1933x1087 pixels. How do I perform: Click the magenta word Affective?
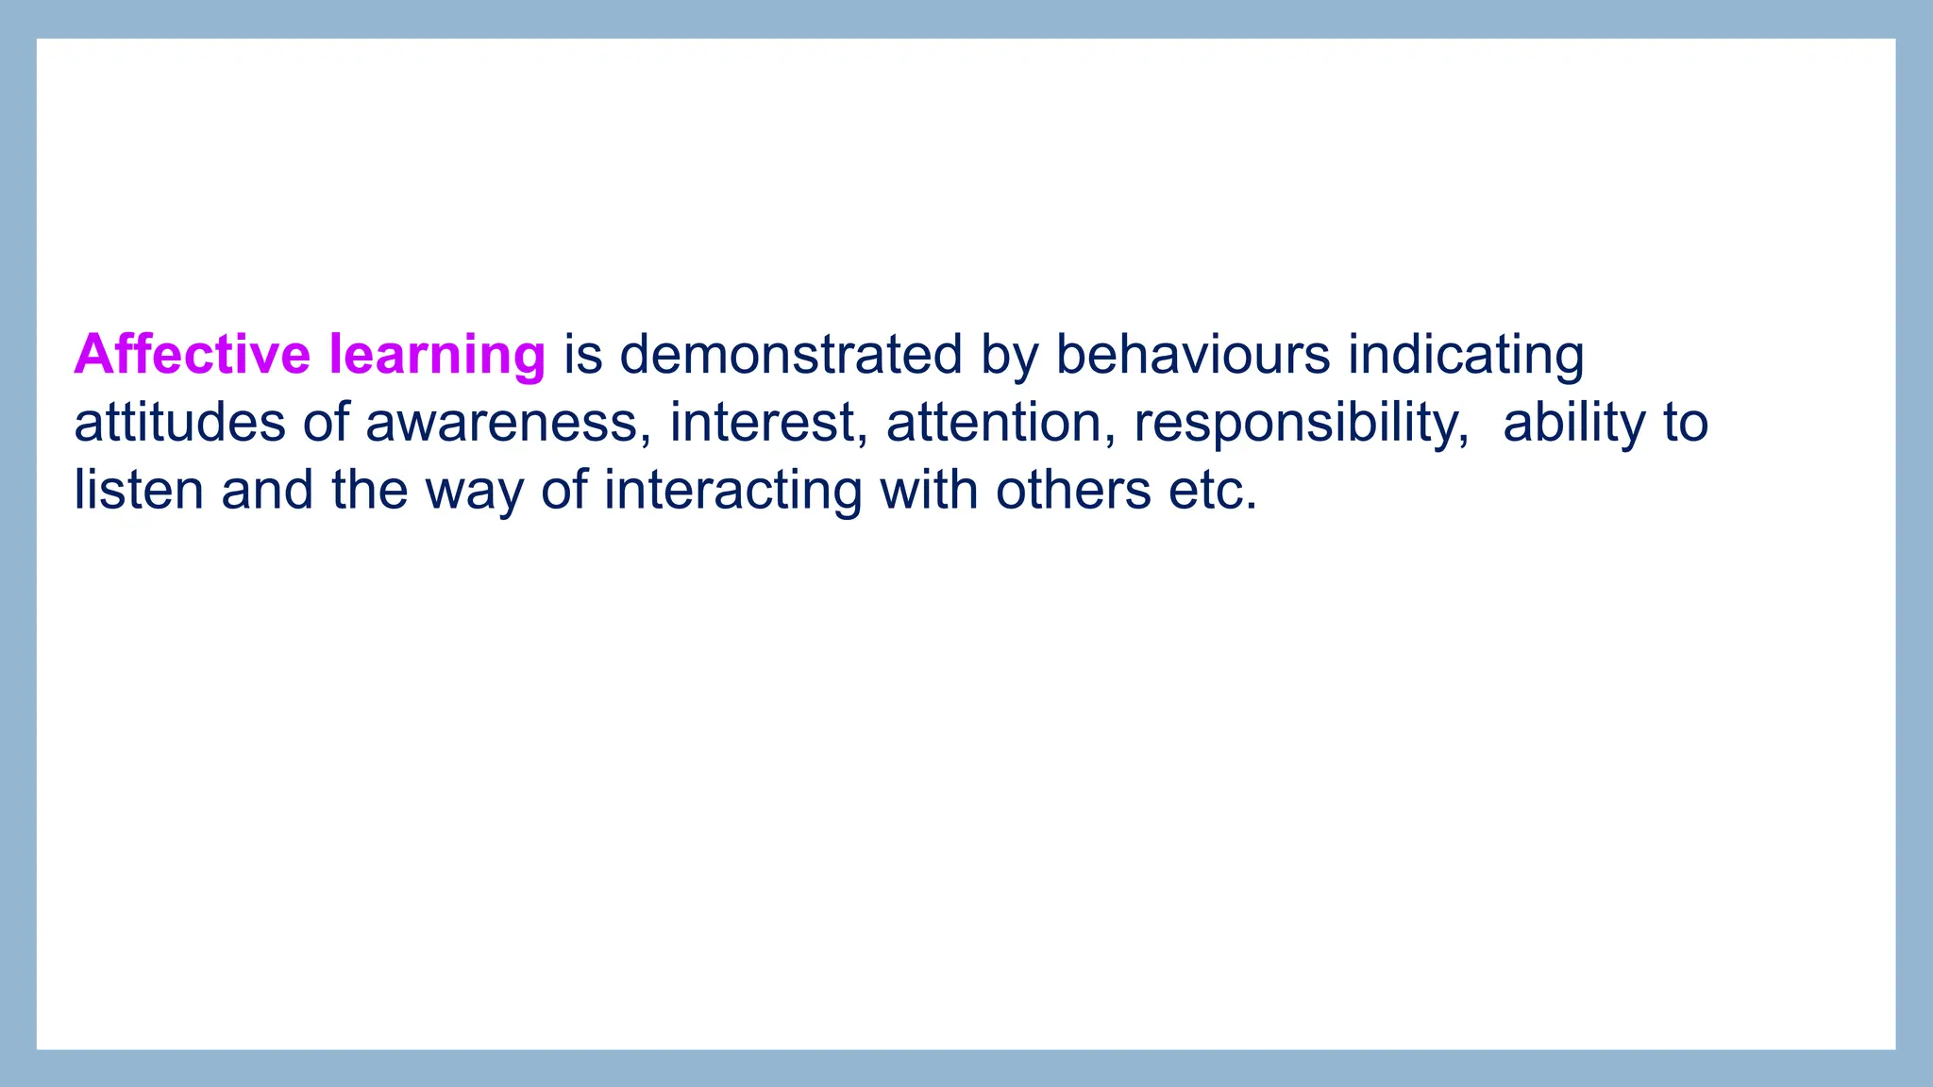pos(192,354)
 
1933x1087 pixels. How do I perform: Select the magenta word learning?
pos(437,356)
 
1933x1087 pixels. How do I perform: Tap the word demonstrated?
pos(791,354)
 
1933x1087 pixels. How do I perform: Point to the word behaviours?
pos(1192,354)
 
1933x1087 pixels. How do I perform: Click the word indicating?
pos(1466,356)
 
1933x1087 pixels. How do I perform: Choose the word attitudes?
pos(179,422)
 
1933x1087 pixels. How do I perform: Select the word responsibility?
pos(1302,424)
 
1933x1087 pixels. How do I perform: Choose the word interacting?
pos(733,492)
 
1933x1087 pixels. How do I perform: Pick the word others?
pos(1073,490)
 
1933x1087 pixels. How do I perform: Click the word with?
pos(929,490)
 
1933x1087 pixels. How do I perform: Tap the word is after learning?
pos(583,354)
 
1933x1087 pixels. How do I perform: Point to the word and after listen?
pos(267,490)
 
